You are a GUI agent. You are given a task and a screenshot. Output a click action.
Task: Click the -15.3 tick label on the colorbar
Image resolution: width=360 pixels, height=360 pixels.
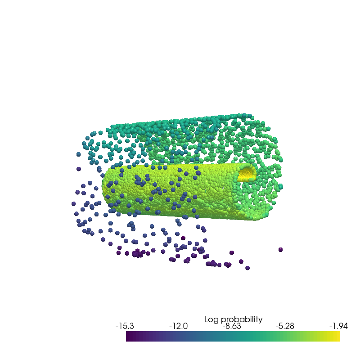point(125,326)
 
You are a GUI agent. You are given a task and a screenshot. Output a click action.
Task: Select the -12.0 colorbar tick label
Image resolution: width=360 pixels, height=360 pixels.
point(178,326)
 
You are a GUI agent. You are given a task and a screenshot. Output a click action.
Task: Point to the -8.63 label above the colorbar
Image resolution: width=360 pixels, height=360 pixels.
point(232,326)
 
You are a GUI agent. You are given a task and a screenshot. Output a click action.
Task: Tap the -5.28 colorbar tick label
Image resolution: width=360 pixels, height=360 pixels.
point(285,326)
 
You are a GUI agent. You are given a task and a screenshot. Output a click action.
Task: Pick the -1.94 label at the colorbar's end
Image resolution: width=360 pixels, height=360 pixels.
point(339,326)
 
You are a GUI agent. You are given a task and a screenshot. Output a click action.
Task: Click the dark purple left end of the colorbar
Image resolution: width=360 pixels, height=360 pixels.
point(128,336)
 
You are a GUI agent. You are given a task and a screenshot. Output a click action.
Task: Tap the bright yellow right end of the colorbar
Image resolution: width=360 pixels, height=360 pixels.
point(338,336)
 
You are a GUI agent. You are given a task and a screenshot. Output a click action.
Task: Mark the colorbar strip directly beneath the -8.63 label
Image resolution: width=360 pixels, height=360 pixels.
point(232,336)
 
